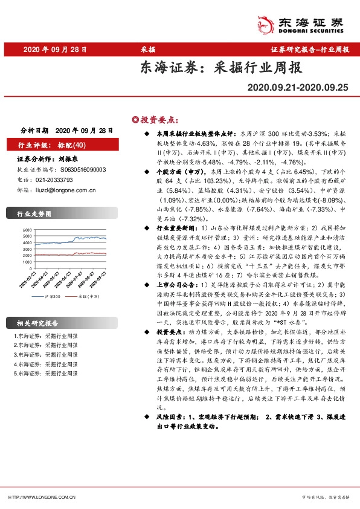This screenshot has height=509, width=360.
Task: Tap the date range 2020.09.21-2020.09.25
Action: [298, 88]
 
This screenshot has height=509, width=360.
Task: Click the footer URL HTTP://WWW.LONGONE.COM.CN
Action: [41, 497]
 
